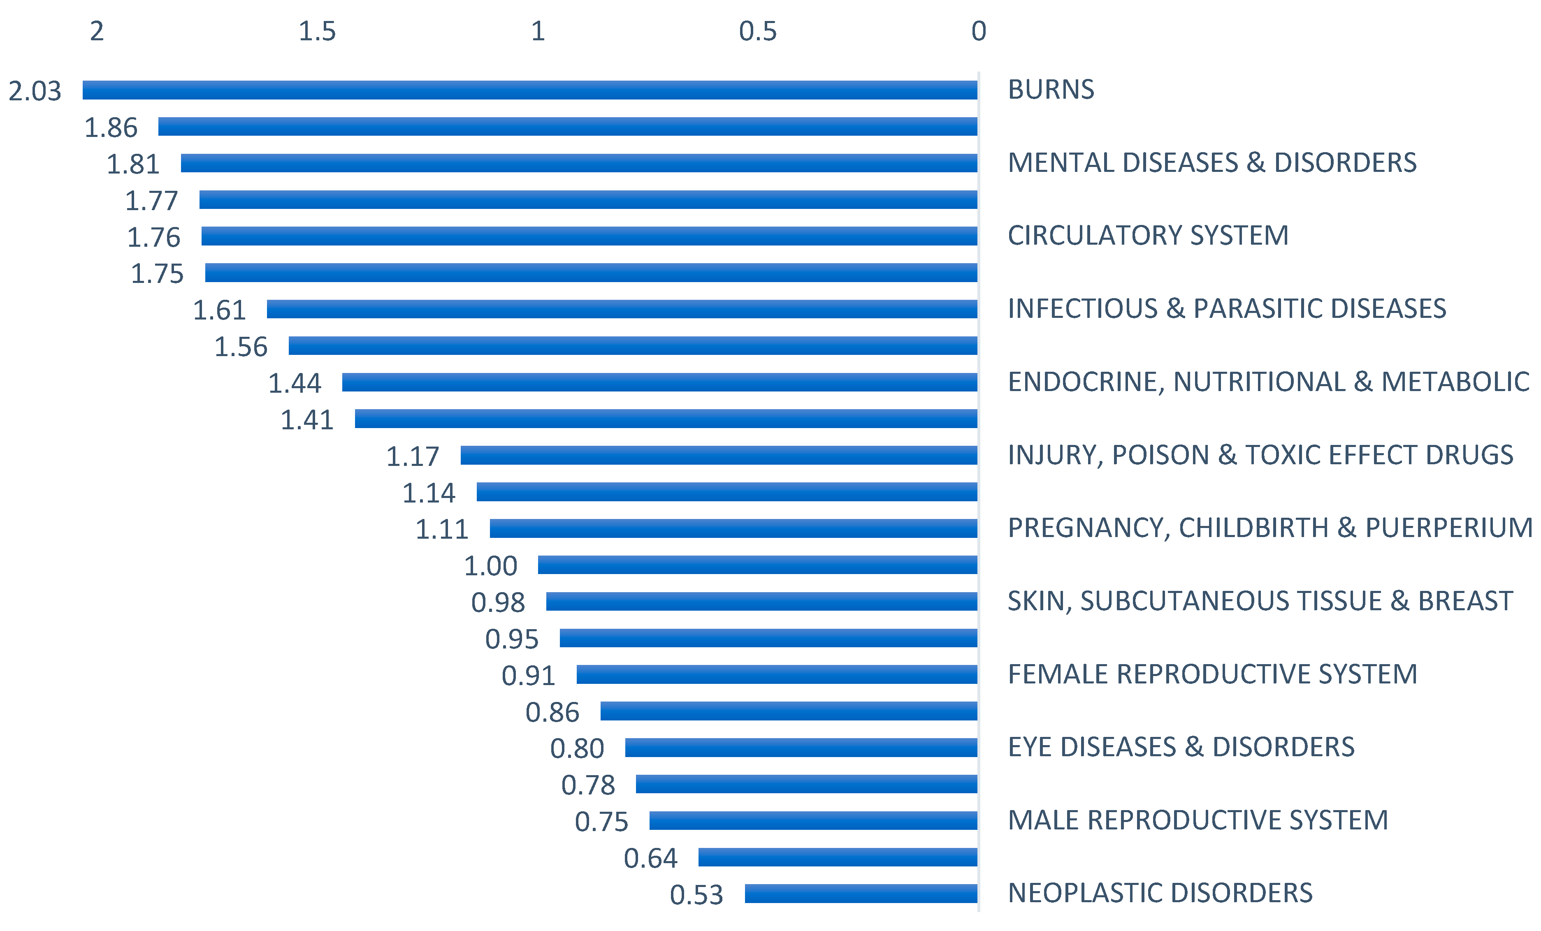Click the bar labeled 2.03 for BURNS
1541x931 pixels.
click(530, 90)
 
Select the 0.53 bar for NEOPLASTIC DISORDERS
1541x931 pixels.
click(861, 894)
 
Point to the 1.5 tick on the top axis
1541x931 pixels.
click(317, 31)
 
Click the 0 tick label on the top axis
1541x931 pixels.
click(979, 31)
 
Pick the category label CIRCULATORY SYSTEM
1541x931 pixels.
click(1148, 236)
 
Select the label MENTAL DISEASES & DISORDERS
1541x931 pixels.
click(1211, 162)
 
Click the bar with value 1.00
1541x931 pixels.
click(757, 565)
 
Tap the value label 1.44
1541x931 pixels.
click(295, 383)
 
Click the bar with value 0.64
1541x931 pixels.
click(838, 857)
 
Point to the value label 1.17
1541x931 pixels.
click(413, 456)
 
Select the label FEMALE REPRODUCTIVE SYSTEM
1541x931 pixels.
click(1212, 674)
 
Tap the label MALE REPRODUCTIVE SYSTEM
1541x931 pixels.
click(1198, 820)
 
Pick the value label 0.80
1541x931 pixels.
click(577, 748)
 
